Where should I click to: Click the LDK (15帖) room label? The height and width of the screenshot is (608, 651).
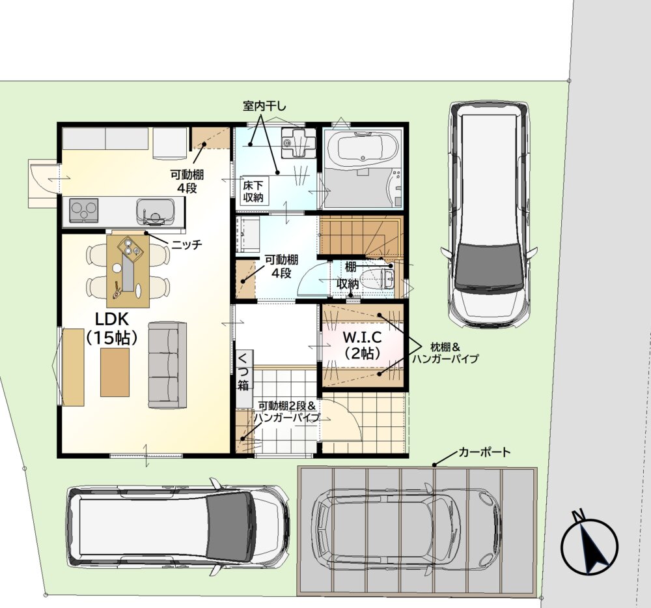click(112, 328)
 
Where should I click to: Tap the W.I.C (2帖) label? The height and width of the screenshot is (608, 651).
click(363, 345)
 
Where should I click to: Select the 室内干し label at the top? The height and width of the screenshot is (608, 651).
click(264, 106)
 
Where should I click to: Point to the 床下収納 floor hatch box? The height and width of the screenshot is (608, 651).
click(253, 191)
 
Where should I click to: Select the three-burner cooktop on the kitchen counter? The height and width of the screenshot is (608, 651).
click(84, 210)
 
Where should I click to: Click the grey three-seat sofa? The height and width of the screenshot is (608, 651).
click(167, 366)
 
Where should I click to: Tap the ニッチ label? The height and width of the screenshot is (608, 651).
click(187, 244)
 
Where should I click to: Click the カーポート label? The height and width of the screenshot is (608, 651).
click(484, 452)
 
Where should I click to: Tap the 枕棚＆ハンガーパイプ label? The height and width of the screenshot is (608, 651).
click(445, 353)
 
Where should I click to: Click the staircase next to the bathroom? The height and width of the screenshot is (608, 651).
click(361, 237)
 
